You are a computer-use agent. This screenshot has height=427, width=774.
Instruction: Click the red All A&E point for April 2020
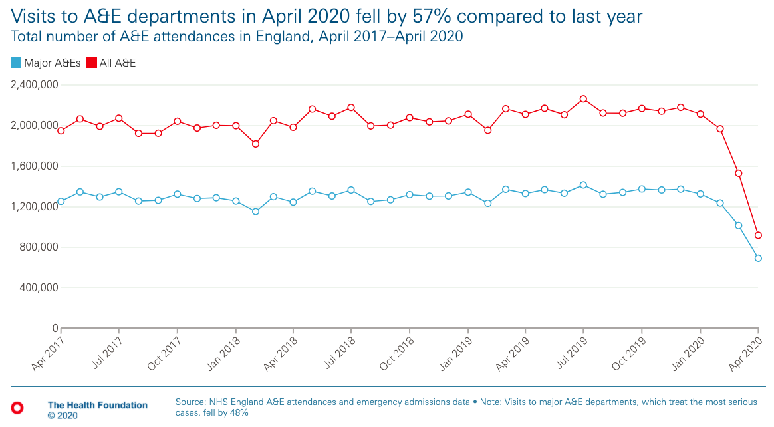[x=758, y=235]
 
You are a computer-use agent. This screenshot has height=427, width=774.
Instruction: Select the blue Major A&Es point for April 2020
[x=758, y=258]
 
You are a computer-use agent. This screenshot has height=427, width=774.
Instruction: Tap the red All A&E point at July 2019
[x=583, y=99]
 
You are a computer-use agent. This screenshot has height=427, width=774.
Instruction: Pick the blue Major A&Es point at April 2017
[x=61, y=202]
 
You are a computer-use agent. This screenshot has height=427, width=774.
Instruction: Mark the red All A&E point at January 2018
[x=236, y=126]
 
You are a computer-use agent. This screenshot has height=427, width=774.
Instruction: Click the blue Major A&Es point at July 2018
[x=351, y=190]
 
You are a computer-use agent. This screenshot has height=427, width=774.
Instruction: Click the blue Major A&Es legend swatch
[x=16, y=63]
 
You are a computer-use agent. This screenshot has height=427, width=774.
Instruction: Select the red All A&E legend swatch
[x=91, y=63]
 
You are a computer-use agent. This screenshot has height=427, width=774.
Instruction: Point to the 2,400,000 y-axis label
[x=35, y=85]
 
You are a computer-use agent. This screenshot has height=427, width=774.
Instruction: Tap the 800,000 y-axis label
[x=39, y=247]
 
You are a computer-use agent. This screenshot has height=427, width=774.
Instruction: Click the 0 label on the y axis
[x=55, y=329]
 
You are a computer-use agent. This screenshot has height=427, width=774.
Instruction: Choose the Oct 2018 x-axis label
[x=396, y=353]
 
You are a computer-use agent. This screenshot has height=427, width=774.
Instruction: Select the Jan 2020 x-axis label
[x=687, y=353]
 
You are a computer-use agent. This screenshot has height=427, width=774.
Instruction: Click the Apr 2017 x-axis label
[x=47, y=353]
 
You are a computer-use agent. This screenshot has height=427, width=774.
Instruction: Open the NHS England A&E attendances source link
[x=340, y=402]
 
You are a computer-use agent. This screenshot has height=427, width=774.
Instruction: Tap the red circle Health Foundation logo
[x=17, y=408]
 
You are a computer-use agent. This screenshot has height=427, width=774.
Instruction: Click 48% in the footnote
[x=239, y=412]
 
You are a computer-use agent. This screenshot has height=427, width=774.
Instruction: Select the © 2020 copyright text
[x=63, y=416]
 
